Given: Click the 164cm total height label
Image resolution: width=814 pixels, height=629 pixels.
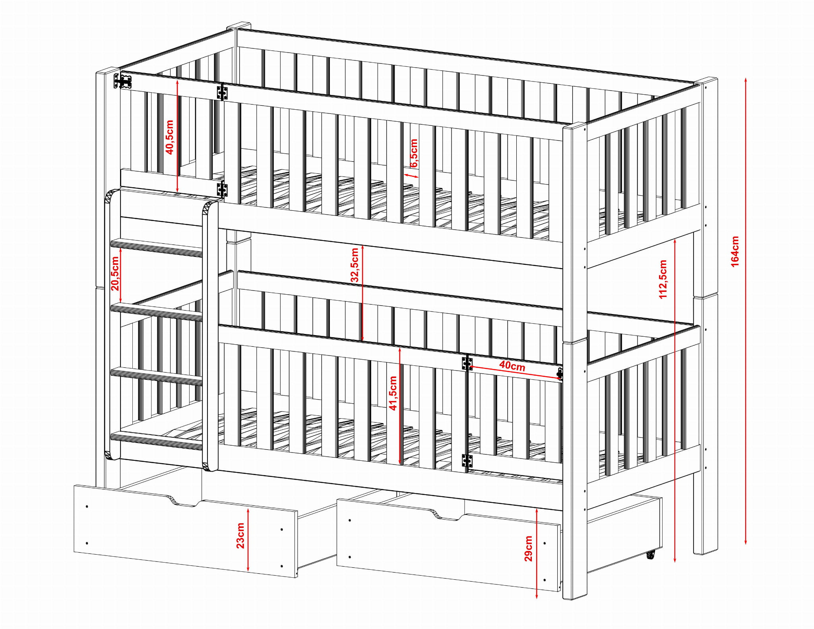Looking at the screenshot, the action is [x=735, y=251].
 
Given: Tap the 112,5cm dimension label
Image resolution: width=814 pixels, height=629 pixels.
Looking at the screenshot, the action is [x=663, y=279].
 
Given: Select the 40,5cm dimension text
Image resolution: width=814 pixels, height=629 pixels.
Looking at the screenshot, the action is [x=170, y=137].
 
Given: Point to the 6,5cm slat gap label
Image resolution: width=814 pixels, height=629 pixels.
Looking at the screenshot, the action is [x=414, y=153].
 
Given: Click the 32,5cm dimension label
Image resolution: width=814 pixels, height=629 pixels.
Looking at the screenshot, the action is [x=355, y=265].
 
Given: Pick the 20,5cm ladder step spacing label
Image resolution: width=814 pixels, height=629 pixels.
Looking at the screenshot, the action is [x=115, y=273].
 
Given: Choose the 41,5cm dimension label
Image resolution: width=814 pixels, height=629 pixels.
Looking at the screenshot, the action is [x=393, y=393].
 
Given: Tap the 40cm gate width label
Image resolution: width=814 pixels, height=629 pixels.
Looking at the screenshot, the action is [x=512, y=365].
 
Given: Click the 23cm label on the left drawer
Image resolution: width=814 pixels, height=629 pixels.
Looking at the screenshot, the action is [x=240, y=536].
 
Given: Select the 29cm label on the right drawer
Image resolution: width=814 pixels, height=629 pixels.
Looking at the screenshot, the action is [x=528, y=548].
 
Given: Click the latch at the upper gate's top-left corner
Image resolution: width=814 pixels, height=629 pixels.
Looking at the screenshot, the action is [x=123, y=81].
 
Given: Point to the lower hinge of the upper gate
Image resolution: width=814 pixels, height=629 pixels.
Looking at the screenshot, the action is [x=222, y=189].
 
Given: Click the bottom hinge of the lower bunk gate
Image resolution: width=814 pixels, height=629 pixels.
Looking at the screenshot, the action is [x=467, y=461].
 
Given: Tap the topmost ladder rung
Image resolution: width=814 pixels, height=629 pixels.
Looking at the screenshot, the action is [x=157, y=248].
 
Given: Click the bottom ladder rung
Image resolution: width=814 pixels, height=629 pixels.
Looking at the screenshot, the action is [x=157, y=441].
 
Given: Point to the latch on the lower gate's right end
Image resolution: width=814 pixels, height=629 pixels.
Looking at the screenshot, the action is [x=560, y=374].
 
